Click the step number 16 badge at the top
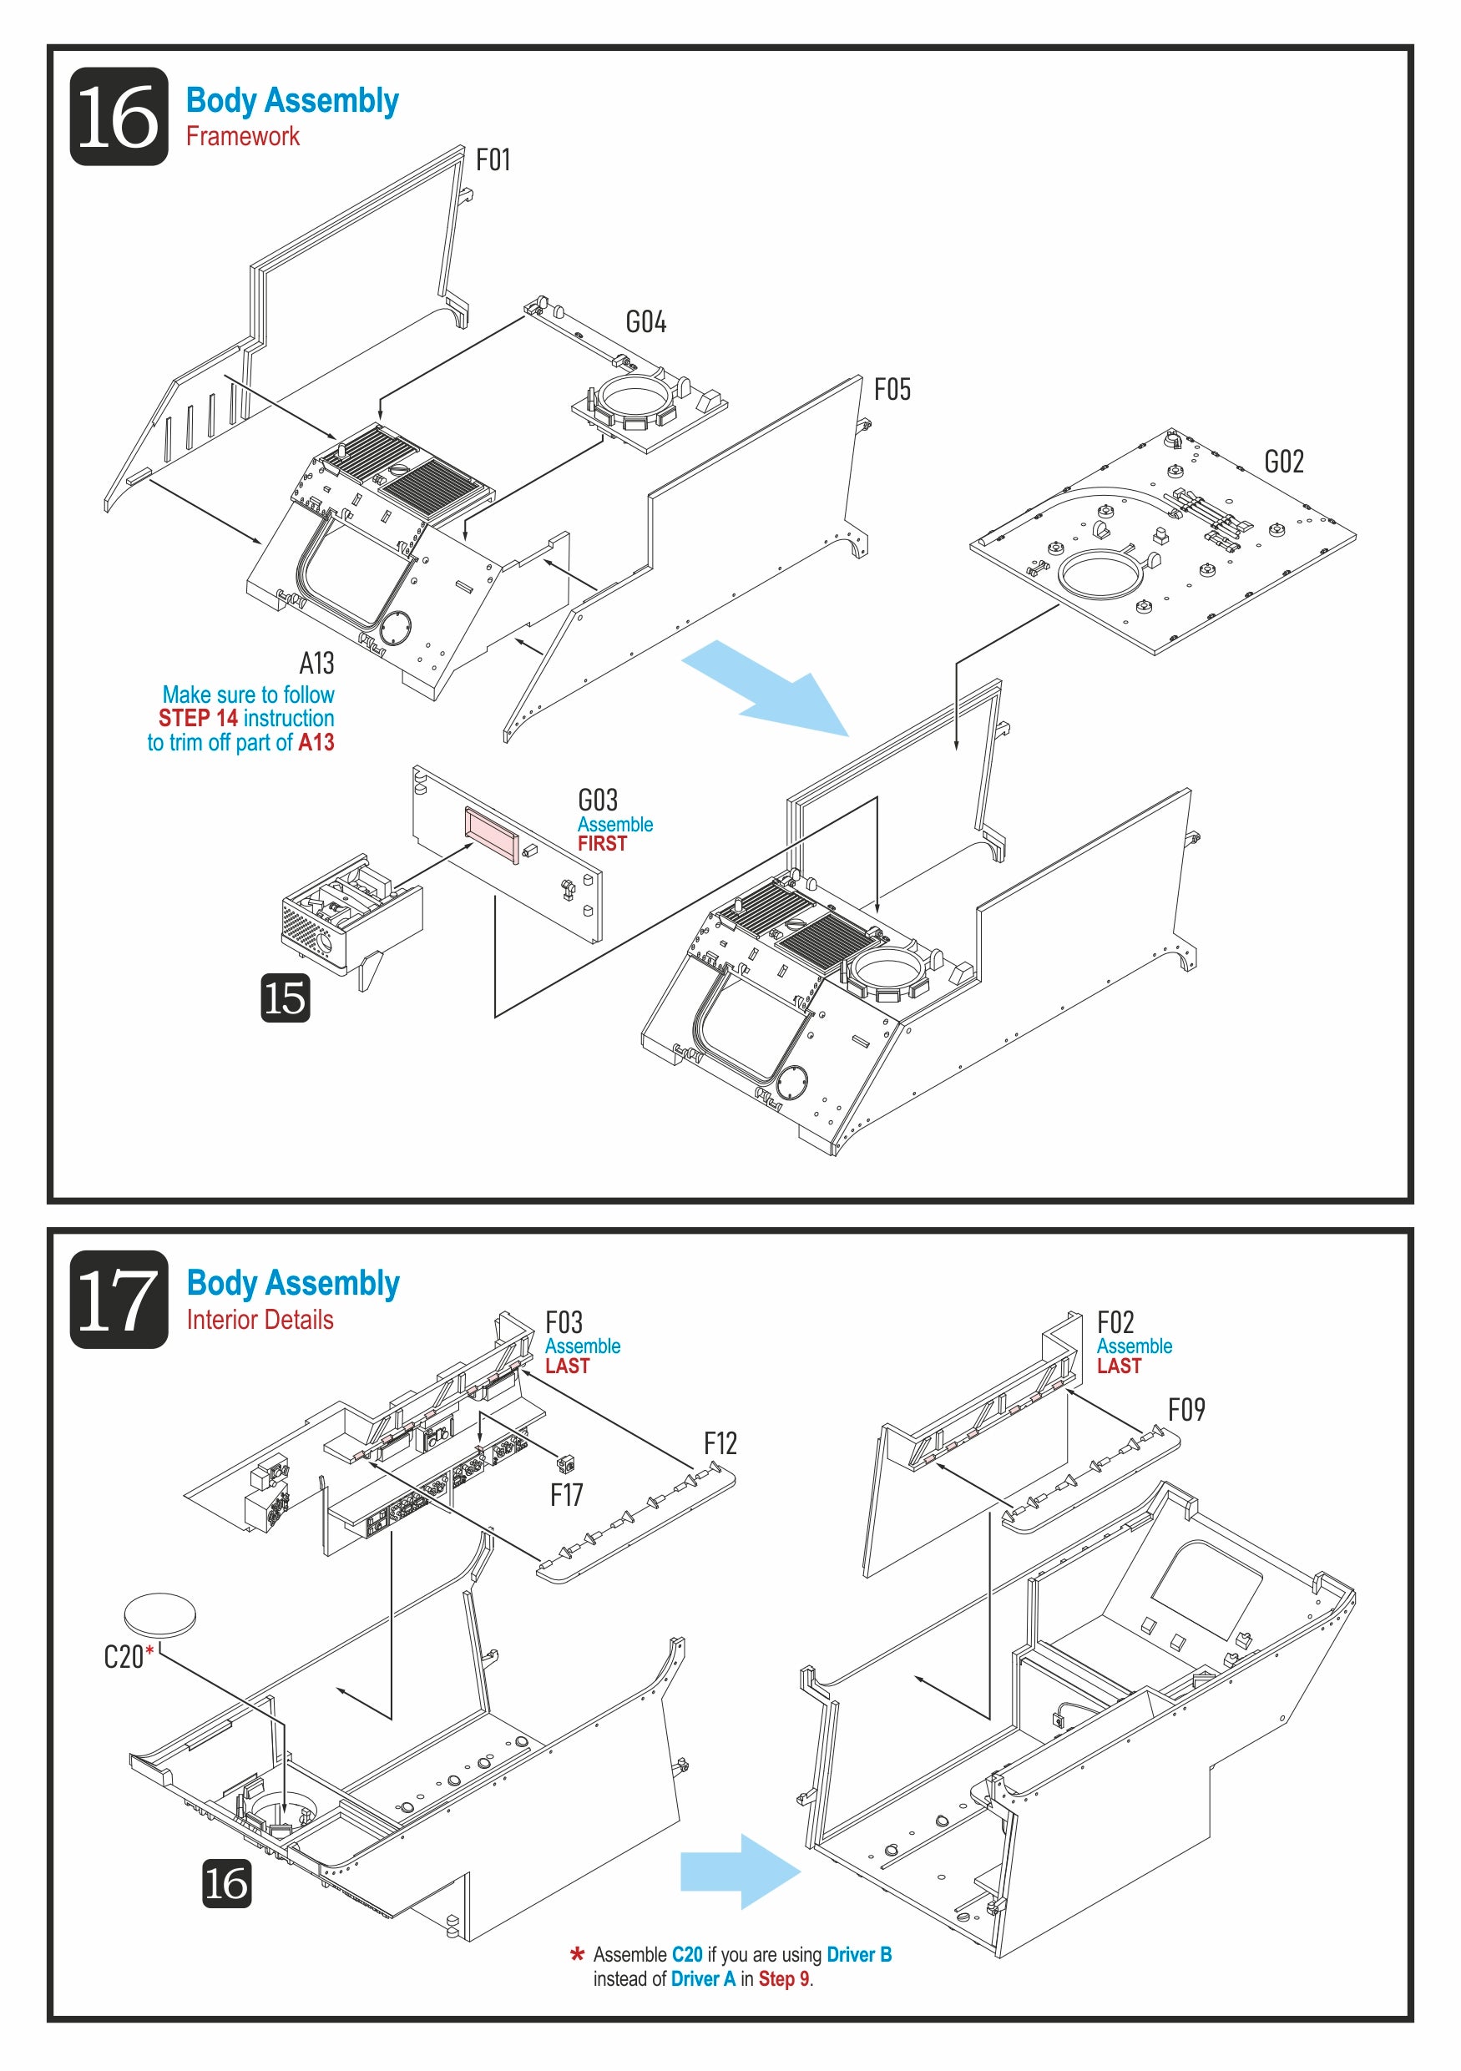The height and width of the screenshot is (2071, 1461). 119,116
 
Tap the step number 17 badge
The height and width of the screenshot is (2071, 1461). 119,1300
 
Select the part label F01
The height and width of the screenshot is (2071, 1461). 493,159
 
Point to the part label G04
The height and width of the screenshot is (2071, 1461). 645,321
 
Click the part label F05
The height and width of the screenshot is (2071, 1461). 892,390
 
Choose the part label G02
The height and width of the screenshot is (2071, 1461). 1284,462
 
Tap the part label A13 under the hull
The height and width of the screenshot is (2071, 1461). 316,664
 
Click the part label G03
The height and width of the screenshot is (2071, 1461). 598,800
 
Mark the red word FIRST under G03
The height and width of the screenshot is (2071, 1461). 603,844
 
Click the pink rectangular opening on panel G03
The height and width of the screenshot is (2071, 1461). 492,835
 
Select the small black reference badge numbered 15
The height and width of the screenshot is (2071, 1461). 286,998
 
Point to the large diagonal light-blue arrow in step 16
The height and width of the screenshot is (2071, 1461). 765,687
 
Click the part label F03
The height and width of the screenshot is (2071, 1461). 564,1323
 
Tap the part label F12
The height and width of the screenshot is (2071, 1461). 720,1444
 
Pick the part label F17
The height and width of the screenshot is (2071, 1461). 566,1496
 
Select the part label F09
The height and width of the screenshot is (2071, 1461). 1186,1410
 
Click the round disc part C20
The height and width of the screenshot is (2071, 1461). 159,1614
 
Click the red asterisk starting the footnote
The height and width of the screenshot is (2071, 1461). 577,1956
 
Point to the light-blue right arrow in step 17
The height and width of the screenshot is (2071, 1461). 741,1871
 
